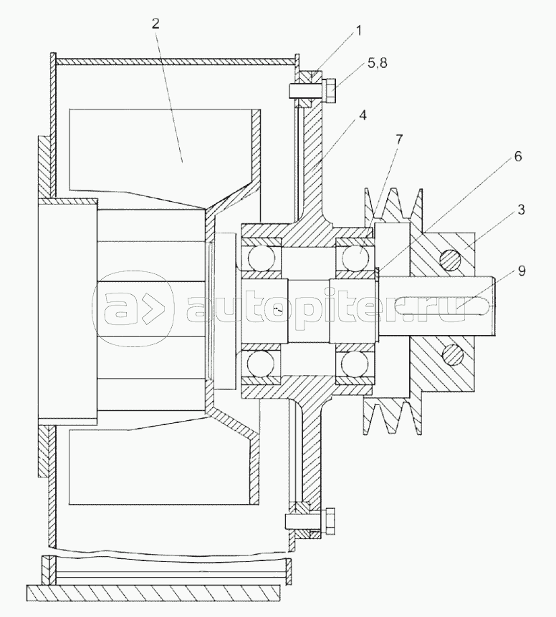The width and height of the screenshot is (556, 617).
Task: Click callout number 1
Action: (x=358, y=31)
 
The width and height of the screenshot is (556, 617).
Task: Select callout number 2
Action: (x=155, y=24)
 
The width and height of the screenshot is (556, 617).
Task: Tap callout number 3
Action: (x=521, y=210)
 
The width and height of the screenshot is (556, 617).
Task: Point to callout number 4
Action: (x=363, y=115)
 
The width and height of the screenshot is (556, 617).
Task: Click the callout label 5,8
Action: (x=377, y=63)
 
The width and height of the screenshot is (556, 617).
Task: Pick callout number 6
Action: (x=518, y=156)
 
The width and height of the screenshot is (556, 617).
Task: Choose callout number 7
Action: (x=399, y=139)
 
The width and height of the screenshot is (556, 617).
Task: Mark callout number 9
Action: (x=522, y=271)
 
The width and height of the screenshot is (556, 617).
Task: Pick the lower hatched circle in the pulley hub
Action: (x=453, y=355)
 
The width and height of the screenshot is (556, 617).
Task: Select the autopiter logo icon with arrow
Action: (x=134, y=309)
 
